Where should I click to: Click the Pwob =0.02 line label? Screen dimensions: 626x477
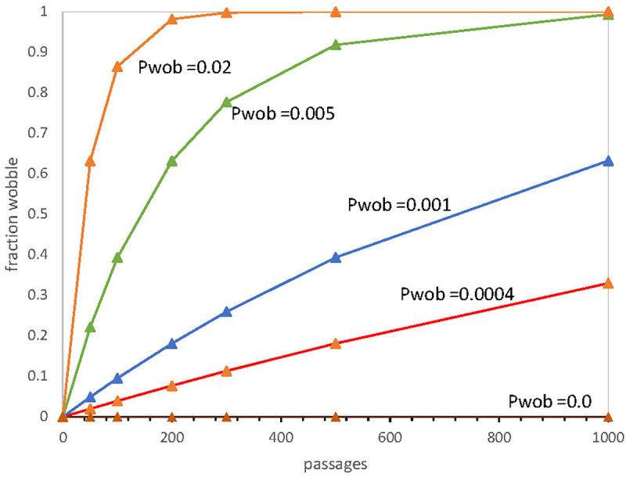pos(185,67)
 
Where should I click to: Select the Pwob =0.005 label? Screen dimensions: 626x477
pos(283,113)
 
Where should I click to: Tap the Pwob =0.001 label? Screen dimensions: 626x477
pos(399,205)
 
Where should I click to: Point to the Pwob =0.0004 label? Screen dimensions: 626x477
pos(457,294)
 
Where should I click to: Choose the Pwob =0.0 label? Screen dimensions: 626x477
pos(550,401)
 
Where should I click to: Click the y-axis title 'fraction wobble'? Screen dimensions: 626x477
pos(13,214)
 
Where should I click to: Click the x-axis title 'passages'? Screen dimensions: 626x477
pos(336,465)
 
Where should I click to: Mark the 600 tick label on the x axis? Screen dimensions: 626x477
pos(390,438)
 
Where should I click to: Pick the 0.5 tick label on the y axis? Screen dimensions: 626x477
pos(38,213)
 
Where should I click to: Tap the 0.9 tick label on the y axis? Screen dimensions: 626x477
pos(38,52)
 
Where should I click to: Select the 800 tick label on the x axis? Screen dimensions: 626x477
pos(499,438)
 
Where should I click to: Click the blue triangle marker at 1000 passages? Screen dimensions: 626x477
pos(608,161)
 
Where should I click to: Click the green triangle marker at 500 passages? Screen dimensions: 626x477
pos(336,45)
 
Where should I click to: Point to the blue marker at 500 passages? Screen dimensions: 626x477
pos(336,257)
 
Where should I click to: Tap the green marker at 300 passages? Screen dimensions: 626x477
pos(226,102)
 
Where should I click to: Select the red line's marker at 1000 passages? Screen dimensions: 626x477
pos(608,283)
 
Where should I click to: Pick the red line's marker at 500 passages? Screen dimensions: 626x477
pos(336,343)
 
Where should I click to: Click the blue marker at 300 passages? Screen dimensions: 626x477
pos(226,311)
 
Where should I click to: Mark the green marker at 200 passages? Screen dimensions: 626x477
pos(171,161)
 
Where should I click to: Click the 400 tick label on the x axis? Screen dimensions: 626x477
pos(281,438)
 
